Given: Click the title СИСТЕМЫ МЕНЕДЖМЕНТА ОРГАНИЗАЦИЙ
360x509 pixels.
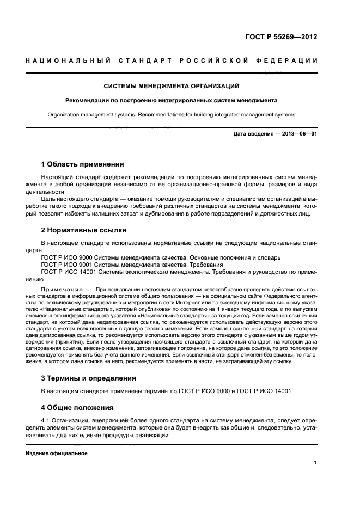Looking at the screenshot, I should click(x=172, y=86).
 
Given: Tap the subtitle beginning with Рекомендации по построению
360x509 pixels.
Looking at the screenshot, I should click(x=172, y=100).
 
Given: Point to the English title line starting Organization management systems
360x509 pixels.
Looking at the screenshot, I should click(x=172, y=115).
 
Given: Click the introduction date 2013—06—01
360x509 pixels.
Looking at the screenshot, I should click(x=297, y=134).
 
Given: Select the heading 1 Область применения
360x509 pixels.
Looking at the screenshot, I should click(x=83, y=164).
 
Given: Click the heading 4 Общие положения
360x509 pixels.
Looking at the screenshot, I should click(x=77, y=407).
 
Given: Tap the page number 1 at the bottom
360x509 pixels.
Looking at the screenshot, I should click(x=315, y=463).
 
